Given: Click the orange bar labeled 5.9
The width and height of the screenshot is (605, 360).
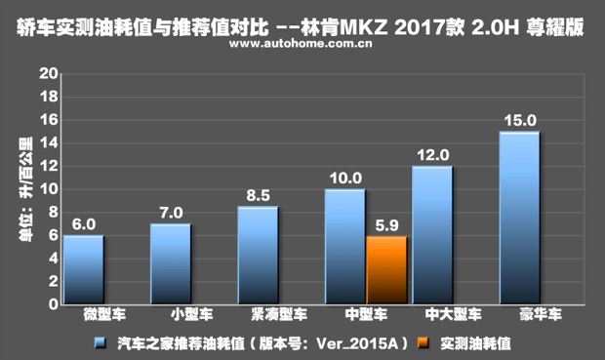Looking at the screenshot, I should tap(386, 270).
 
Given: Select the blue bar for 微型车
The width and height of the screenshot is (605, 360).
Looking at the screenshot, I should tap(84, 270).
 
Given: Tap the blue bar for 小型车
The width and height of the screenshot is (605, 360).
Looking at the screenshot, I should tap(171, 264).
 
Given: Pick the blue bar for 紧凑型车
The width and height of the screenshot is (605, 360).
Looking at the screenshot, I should tap(258, 256).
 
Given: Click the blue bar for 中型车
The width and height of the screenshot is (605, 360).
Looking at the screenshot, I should tap(344, 247).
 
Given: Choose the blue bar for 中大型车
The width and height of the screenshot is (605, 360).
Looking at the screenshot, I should tap(431, 235).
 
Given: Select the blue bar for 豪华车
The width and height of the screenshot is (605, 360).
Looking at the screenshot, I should tap(519, 218).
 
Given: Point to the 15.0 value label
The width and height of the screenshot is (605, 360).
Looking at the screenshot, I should tap(519, 121).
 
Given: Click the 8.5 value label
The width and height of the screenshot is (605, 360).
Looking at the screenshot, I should tap(259, 195).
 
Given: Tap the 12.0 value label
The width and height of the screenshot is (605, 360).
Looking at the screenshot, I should tap(432, 155).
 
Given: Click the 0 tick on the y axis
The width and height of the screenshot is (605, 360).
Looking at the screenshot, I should tap(51, 304).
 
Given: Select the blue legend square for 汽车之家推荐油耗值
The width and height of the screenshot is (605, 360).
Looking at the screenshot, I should tap(100, 343).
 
